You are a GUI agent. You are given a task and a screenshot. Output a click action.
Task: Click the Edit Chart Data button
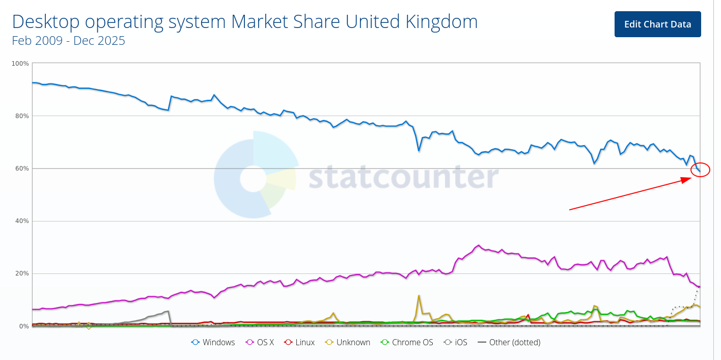[x=657, y=24]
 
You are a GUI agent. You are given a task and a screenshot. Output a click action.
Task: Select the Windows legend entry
[x=213, y=342]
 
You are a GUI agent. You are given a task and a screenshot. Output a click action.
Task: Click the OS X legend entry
[x=260, y=342]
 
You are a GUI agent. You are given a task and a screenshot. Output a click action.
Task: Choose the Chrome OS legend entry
[x=407, y=342]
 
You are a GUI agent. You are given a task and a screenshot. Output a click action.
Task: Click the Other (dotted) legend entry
[x=509, y=342]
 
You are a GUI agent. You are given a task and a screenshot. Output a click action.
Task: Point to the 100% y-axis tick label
[x=20, y=64]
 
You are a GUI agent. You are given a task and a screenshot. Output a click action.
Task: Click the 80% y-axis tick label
[x=22, y=116]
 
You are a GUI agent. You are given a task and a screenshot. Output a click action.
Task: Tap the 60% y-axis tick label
[x=22, y=169]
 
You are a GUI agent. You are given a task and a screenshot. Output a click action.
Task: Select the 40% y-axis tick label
[x=22, y=221]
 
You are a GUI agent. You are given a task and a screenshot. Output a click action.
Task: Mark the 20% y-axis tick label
[x=22, y=273]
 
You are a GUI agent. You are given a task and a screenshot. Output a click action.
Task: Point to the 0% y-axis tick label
[x=23, y=326]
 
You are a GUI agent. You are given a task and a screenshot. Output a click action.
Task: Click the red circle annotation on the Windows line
[x=701, y=171]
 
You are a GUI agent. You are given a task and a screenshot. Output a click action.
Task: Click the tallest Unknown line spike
[x=419, y=295]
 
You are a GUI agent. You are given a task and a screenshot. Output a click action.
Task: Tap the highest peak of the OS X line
[x=478, y=245]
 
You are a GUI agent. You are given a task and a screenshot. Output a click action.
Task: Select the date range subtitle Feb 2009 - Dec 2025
[x=69, y=41]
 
